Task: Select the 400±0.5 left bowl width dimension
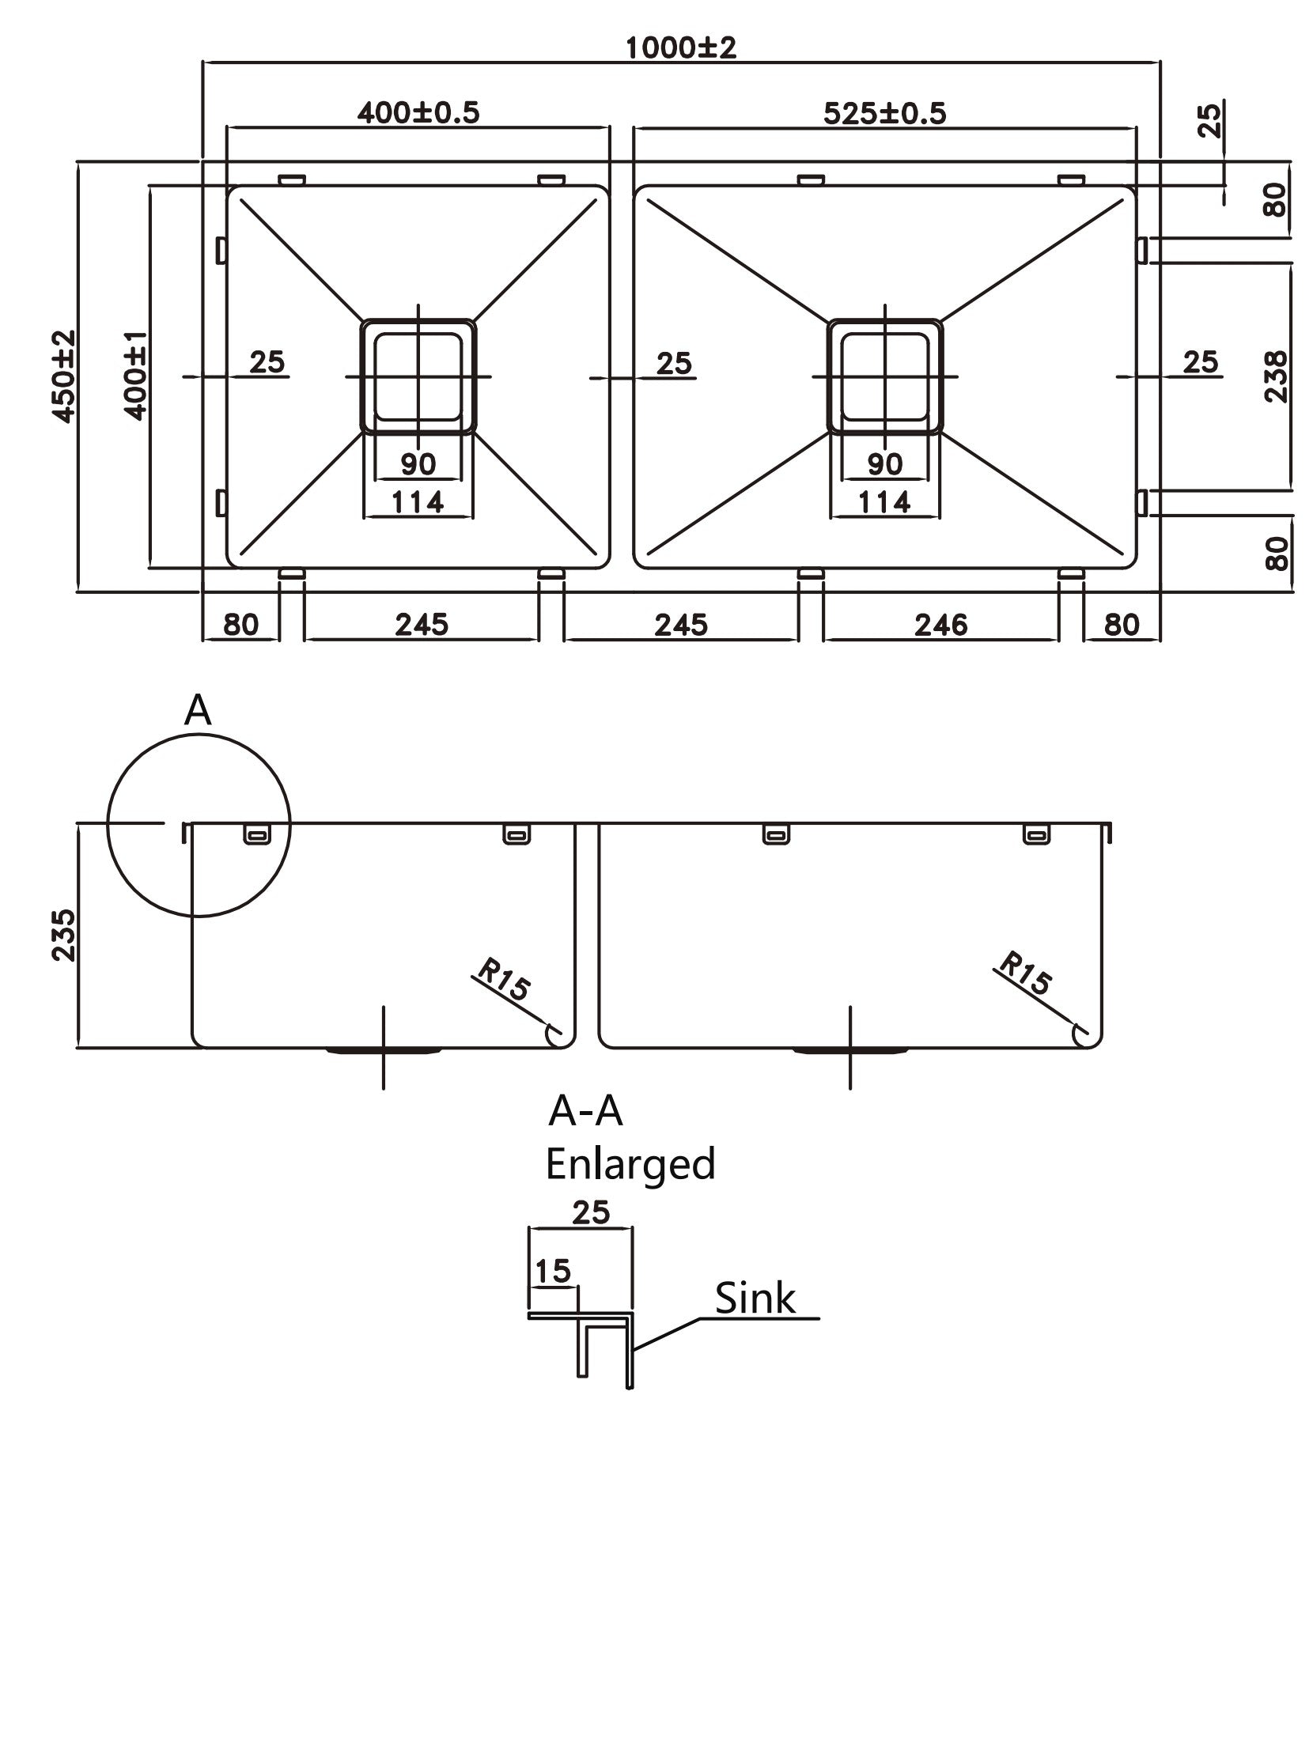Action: coord(418,113)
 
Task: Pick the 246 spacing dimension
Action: coord(940,626)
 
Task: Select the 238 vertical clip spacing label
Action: coord(1275,376)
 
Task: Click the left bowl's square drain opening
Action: coord(418,376)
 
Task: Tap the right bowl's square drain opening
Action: coord(884,376)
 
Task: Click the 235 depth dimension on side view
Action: coord(63,935)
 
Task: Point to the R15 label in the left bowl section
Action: coord(503,979)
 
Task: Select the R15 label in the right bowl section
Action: coord(1025,973)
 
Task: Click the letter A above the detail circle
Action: coord(198,712)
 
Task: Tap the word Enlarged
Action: coord(630,1165)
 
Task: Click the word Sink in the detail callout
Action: coord(755,1299)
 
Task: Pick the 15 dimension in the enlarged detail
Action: coord(552,1272)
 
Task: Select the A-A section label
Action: coord(585,1112)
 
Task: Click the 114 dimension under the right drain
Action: coord(884,501)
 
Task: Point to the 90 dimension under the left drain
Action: coord(418,463)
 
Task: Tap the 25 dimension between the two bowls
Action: coord(674,363)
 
